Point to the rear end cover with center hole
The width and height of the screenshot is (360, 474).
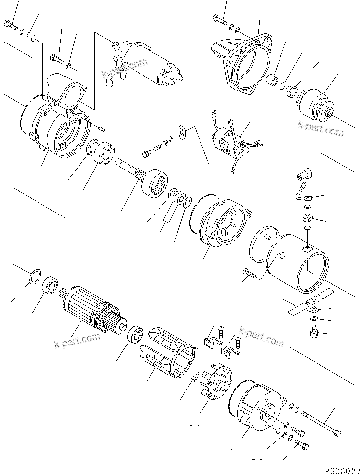257,405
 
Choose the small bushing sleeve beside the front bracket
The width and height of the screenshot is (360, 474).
272,80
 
